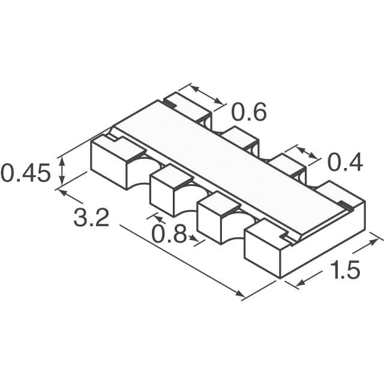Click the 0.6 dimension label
[248, 112]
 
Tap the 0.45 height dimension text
[25, 173]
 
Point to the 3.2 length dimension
[91, 217]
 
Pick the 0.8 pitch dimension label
[169, 234]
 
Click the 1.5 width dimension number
[344, 271]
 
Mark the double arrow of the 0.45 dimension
[61, 172]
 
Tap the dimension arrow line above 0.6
[208, 95]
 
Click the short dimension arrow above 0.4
[306, 153]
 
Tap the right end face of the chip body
[324, 240]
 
